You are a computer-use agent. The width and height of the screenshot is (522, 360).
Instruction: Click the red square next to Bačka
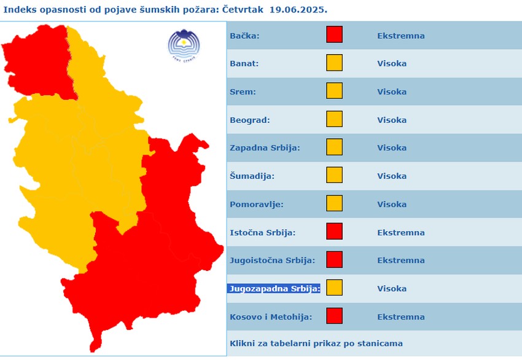pyautogui.click(x=334, y=35)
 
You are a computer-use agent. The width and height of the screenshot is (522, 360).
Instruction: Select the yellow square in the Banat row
pyautogui.click(x=334, y=63)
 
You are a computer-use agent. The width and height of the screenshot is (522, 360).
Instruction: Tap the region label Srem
pyautogui.click(x=243, y=92)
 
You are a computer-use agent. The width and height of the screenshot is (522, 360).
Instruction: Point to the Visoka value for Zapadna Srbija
pyautogui.click(x=391, y=148)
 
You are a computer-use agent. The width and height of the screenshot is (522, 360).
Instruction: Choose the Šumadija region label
pyautogui.click(x=252, y=176)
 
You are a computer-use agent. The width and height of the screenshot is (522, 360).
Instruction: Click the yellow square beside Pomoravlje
pyautogui.click(x=334, y=204)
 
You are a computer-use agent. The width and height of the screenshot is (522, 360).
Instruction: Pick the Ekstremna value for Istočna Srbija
pyautogui.click(x=400, y=232)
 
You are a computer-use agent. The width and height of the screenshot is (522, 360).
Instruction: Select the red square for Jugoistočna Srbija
pyautogui.click(x=334, y=260)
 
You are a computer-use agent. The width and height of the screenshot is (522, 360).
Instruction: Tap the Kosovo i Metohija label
pyautogui.click(x=271, y=317)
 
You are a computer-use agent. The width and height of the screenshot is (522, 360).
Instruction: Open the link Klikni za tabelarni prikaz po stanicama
pyautogui.click(x=316, y=343)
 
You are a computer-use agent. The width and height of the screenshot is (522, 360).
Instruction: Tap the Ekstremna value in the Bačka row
pyautogui.click(x=400, y=36)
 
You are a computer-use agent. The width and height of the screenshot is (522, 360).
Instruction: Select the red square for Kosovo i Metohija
pyautogui.click(x=334, y=316)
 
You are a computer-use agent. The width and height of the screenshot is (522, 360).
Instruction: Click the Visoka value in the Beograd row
pyautogui.click(x=391, y=120)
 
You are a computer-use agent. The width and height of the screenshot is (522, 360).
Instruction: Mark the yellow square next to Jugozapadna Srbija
pyautogui.click(x=334, y=288)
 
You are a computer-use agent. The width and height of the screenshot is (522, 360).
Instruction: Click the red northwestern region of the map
pyautogui.click(x=37, y=61)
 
